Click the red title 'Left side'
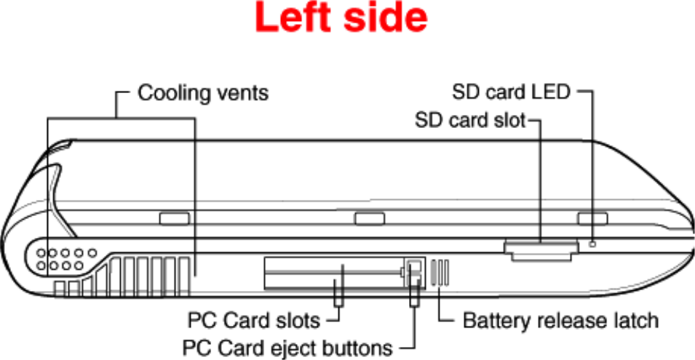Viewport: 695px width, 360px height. click(341, 20)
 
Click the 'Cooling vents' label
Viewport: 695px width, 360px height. click(203, 93)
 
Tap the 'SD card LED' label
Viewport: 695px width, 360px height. click(511, 92)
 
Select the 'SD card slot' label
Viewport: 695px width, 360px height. click(469, 119)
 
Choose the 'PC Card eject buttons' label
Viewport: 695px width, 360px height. click(287, 347)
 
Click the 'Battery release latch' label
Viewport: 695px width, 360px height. click(560, 320)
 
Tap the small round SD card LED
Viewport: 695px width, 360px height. click(592, 244)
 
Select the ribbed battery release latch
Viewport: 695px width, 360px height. click(440, 272)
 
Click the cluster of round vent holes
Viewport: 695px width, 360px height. click(64, 260)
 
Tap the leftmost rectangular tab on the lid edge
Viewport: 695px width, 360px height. click(174, 218)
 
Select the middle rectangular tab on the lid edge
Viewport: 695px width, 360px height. click(369, 218)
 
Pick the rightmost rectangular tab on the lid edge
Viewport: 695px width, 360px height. click(592, 218)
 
